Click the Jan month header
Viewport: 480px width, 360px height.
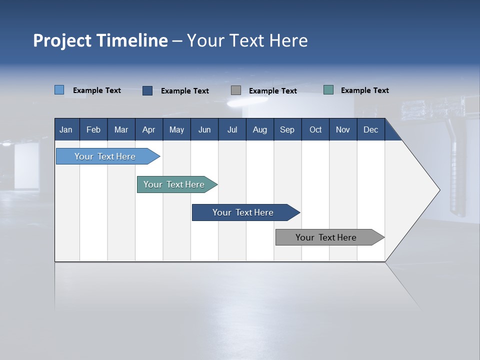pyautogui.click(x=66, y=129)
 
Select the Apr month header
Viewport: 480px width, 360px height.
pyautogui.click(x=148, y=129)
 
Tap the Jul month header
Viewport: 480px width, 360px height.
pyautogui.click(x=232, y=129)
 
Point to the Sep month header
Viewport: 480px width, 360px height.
pyautogui.click(x=287, y=129)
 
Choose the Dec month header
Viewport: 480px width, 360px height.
pyautogui.click(x=370, y=129)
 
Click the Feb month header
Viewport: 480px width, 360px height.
pyautogui.click(x=93, y=129)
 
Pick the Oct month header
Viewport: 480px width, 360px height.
pyautogui.click(x=315, y=129)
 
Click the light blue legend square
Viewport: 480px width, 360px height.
pyautogui.click(x=59, y=90)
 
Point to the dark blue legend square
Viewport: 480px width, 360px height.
pyautogui.click(x=147, y=90)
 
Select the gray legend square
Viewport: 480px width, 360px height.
pyautogui.click(x=236, y=90)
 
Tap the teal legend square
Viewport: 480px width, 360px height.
pyautogui.click(x=328, y=90)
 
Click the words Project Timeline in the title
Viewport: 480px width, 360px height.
pyautogui.click(x=100, y=40)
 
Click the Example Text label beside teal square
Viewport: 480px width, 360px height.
pyautogui.click(x=364, y=90)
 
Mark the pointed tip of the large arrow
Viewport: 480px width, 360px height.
pyautogui.click(x=439, y=190)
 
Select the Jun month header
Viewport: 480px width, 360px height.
pyautogui.click(x=204, y=129)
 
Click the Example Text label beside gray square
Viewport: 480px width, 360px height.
pyautogui.click(x=272, y=91)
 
